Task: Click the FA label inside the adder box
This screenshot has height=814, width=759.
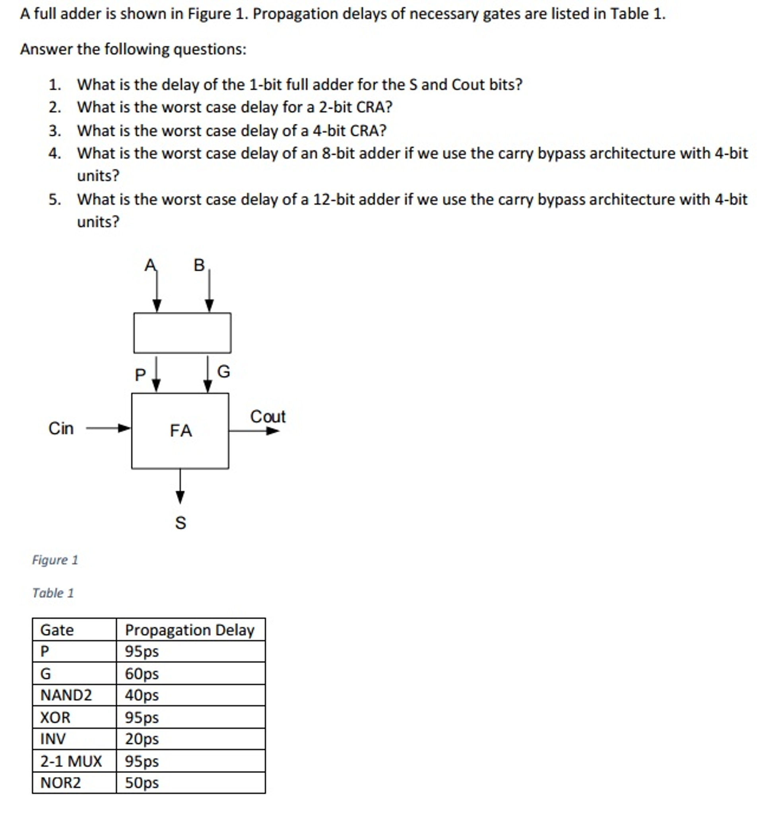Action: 181,430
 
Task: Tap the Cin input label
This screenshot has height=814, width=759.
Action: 61,428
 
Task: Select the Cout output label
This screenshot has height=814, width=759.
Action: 268,417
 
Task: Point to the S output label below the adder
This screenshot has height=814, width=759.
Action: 181,523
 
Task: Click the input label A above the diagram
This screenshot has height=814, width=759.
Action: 150,265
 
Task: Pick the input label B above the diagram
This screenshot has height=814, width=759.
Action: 199,265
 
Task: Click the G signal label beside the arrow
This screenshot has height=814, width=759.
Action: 223,371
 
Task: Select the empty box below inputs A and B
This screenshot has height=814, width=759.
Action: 182,333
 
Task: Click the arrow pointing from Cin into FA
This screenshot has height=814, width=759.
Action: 108,428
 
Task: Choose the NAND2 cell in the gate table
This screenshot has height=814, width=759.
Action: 66,695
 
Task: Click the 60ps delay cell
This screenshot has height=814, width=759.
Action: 142,673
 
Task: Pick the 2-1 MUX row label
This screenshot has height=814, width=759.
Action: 71,761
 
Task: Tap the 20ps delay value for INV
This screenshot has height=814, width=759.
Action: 142,739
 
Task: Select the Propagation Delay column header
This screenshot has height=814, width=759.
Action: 189,630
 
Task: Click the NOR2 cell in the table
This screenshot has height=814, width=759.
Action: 60,783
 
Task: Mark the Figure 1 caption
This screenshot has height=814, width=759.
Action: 55,560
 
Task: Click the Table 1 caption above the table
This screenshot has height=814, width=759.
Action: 53,593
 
